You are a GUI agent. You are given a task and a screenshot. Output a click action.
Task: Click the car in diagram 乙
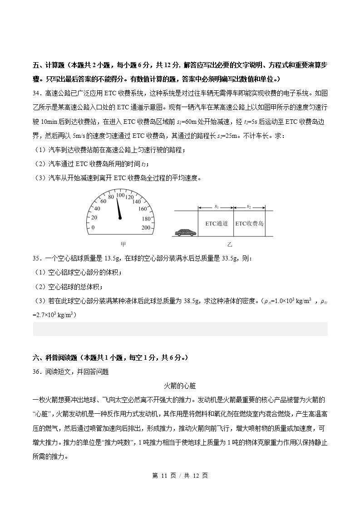pos(184,232)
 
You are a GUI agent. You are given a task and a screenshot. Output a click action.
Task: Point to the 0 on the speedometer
pos(94,228)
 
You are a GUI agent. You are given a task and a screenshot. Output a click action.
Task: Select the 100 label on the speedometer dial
pos(120,195)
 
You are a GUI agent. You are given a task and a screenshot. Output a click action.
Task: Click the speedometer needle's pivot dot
pos(120,218)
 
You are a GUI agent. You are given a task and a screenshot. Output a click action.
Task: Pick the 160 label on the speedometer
pos(143,209)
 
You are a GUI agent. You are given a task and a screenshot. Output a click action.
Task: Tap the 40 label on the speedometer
pos(97,209)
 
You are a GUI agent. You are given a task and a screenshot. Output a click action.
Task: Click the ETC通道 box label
pos(216,223)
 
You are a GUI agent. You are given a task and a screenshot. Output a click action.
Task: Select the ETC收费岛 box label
pos(249,223)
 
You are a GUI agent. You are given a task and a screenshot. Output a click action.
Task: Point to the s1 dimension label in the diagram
pos(217,207)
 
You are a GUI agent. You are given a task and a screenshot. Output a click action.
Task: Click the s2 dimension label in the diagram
pos(249,207)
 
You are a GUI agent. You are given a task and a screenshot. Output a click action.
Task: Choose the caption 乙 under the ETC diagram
pos(230,244)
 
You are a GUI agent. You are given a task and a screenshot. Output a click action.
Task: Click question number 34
pos(37,93)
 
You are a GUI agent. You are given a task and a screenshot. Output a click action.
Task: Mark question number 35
pos(37,258)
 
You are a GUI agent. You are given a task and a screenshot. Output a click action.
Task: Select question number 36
pos(37,372)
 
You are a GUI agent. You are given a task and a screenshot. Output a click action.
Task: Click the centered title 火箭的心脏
pos(179,386)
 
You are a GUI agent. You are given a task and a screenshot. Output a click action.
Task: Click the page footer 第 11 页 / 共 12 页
pos(180,475)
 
